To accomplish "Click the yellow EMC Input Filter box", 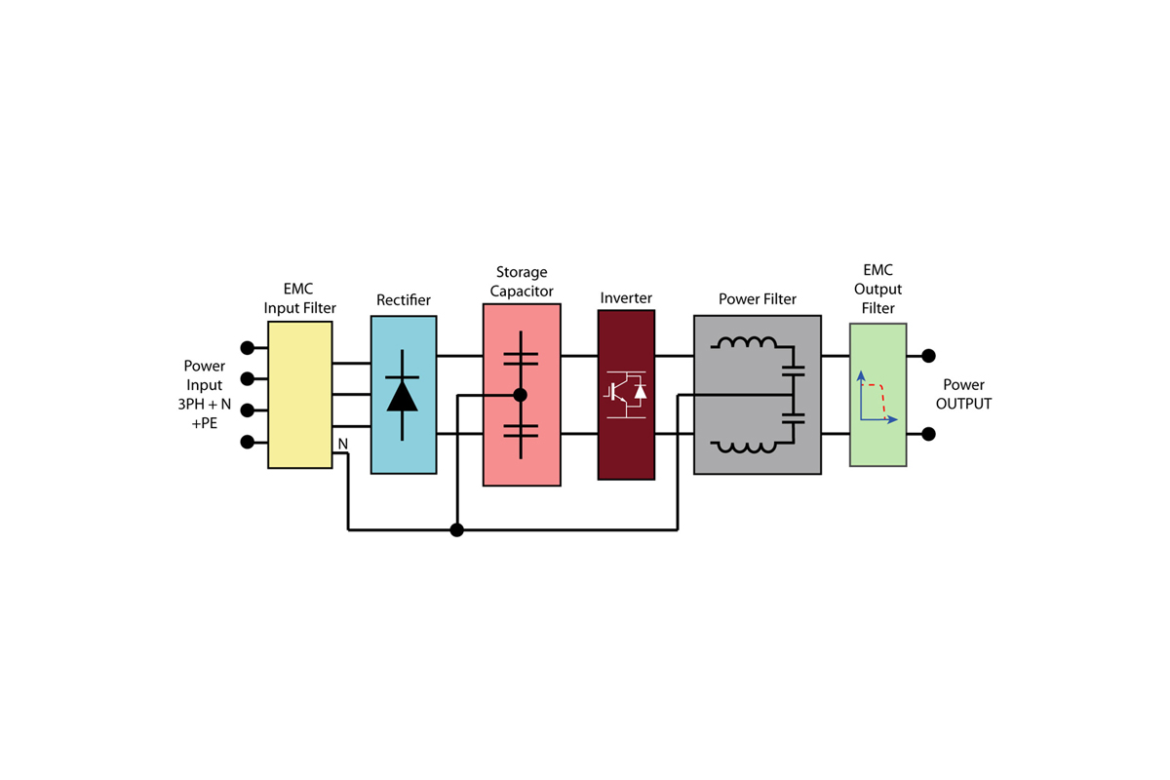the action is pos(300,395).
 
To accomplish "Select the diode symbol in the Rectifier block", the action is pos(402,395).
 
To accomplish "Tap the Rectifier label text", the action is pos(404,300).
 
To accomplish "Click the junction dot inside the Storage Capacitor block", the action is pos(521,395).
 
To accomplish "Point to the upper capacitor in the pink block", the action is pos(521,359).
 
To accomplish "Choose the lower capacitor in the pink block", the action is pos(521,431).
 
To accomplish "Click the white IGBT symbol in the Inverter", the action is pos(626,395).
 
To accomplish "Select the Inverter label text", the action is pos(626,297).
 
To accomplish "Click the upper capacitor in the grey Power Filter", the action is pos(793,370).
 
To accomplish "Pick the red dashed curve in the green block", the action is pos(875,400).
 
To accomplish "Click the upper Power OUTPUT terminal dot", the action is pos(928,356).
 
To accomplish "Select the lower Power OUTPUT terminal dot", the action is pos(928,434).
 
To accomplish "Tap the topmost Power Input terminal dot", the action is pos(247,347).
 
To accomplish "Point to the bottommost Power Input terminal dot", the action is pos(247,442).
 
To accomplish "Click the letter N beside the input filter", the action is pos(342,444).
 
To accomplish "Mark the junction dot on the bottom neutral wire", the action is pos(457,530).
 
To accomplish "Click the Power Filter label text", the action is pos(758,298).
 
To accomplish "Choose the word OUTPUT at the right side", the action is pos(963,404).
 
